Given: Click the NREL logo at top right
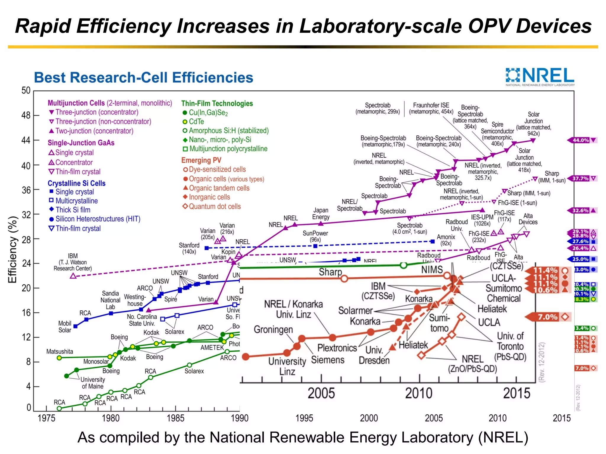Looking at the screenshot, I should pyautogui.click(x=540, y=76).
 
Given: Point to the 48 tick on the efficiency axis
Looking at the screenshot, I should pyautogui.click(x=26, y=115).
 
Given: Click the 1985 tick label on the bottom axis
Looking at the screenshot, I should pyautogui.click(x=175, y=418).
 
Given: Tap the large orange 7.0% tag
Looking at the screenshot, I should pyautogui.click(x=547, y=317).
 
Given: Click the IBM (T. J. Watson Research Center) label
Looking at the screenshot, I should pyautogui.click(x=73, y=262).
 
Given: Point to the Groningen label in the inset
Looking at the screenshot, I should pyautogui.click(x=273, y=329).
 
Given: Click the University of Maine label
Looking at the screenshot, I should pyautogui.click(x=93, y=383).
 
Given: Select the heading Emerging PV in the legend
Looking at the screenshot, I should pyautogui.click(x=201, y=160).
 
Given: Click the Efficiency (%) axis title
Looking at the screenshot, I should pyautogui.click(x=12, y=250).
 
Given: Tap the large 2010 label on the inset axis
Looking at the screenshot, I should pyautogui.click(x=418, y=393).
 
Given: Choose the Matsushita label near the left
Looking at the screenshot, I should pyautogui.click(x=59, y=351).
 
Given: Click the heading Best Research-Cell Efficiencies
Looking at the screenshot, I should pyautogui.click(x=144, y=78).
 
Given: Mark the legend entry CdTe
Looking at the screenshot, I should pyautogui.click(x=196, y=122).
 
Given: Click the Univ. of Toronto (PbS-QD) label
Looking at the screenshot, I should pyautogui.click(x=510, y=346).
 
